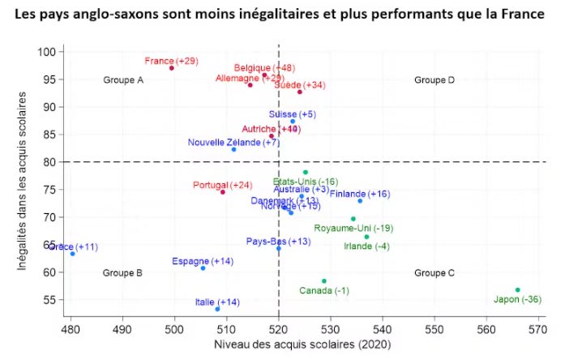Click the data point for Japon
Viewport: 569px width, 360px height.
(518, 289)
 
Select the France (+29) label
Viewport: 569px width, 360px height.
(171, 61)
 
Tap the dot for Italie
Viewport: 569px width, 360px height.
(217, 309)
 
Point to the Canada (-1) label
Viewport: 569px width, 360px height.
(324, 290)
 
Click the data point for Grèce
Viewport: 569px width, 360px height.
(72, 254)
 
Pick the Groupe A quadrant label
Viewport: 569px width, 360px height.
(123, 80)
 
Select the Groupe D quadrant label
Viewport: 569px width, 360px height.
(434, 80)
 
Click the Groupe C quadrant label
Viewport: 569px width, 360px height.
(434, 273)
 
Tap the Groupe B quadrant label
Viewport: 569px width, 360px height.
(123, 273)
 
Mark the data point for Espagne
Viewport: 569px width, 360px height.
(203, 268)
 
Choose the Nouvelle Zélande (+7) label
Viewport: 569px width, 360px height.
(222, 143)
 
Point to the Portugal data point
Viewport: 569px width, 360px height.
(223, 192)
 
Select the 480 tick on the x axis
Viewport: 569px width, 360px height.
(70, 330)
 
